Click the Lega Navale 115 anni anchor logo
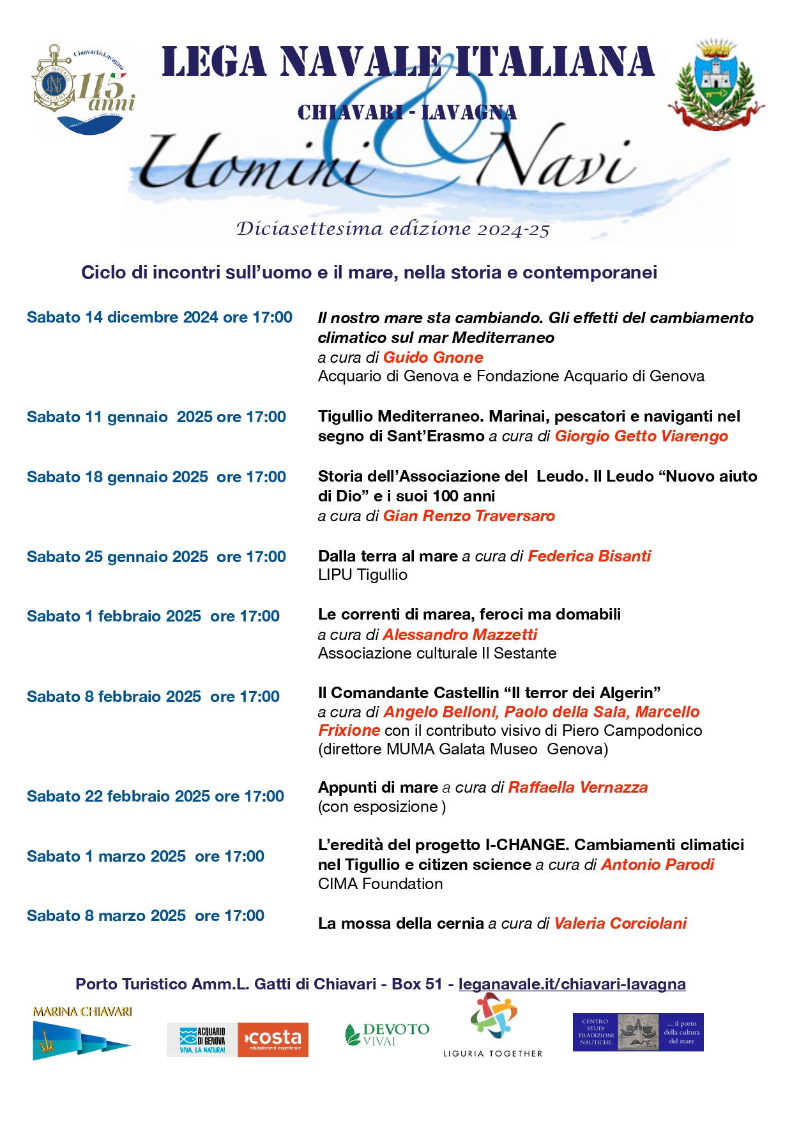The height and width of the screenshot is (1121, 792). [83, 89]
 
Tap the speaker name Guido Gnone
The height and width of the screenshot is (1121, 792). [432, 358]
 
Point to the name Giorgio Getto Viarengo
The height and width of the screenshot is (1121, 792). [641, 436]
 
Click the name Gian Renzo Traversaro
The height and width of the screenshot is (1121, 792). [469, 516]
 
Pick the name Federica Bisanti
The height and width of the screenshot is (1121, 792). [589, 556]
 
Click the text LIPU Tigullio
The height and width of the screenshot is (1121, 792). [362, 575]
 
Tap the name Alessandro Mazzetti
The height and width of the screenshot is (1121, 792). [460, 635]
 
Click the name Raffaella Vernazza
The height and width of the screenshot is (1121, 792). [577, 788]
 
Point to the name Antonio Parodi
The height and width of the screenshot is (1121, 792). [657, 865]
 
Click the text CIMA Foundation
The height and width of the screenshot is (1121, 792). [380, 884]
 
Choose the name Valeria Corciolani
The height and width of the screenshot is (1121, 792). [620, 924]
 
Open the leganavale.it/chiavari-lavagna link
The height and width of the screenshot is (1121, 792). [572, 984]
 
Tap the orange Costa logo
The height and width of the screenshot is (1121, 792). [273, 1040]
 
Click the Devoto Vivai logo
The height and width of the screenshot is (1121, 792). [387, 1034]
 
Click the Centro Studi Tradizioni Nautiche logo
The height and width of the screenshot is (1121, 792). [637, 1032]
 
